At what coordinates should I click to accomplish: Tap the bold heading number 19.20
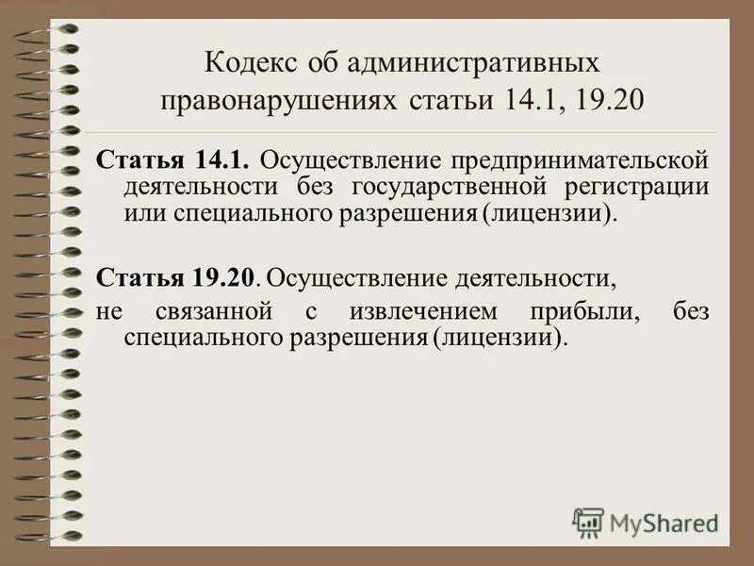click(225, 277)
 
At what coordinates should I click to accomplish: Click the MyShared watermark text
click(664, 521)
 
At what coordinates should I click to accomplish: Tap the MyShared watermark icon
click(588, 521)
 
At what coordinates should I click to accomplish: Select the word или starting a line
click(145, 212)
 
